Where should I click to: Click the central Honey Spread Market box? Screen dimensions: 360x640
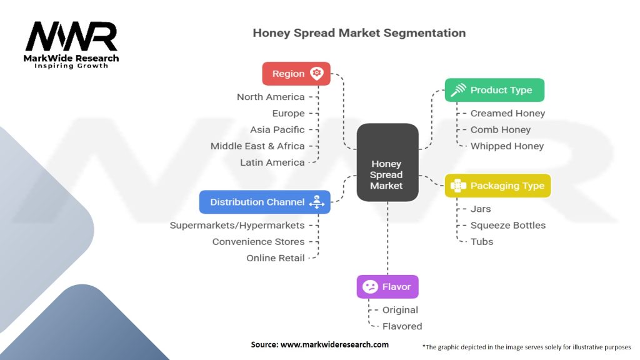[387, 162]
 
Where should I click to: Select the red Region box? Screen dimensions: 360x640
[296, 74]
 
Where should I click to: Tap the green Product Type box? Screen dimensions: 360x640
[494, 90]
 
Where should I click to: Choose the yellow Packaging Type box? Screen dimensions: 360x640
[497, 186]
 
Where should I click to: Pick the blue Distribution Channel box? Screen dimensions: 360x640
[264, 202]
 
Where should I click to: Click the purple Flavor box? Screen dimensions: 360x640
[387, 287]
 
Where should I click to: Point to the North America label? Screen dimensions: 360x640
[271, 97]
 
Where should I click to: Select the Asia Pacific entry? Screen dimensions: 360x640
[277, 129]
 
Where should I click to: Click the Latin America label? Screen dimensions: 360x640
[272, 162]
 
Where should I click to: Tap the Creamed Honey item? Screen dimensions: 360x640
[507, 113]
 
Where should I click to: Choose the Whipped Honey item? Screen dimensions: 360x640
[507, 146]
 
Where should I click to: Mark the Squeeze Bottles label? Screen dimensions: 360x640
[507, 225]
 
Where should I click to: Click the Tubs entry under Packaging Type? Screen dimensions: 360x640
[482, 241]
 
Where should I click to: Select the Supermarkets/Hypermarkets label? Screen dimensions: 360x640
[237, 225]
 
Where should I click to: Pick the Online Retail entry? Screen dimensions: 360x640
[276, 257]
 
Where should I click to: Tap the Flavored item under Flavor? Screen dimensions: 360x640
[402, 326]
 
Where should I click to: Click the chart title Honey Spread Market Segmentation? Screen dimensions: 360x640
[359, 32]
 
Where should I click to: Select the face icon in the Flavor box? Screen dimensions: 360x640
[371, 287]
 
